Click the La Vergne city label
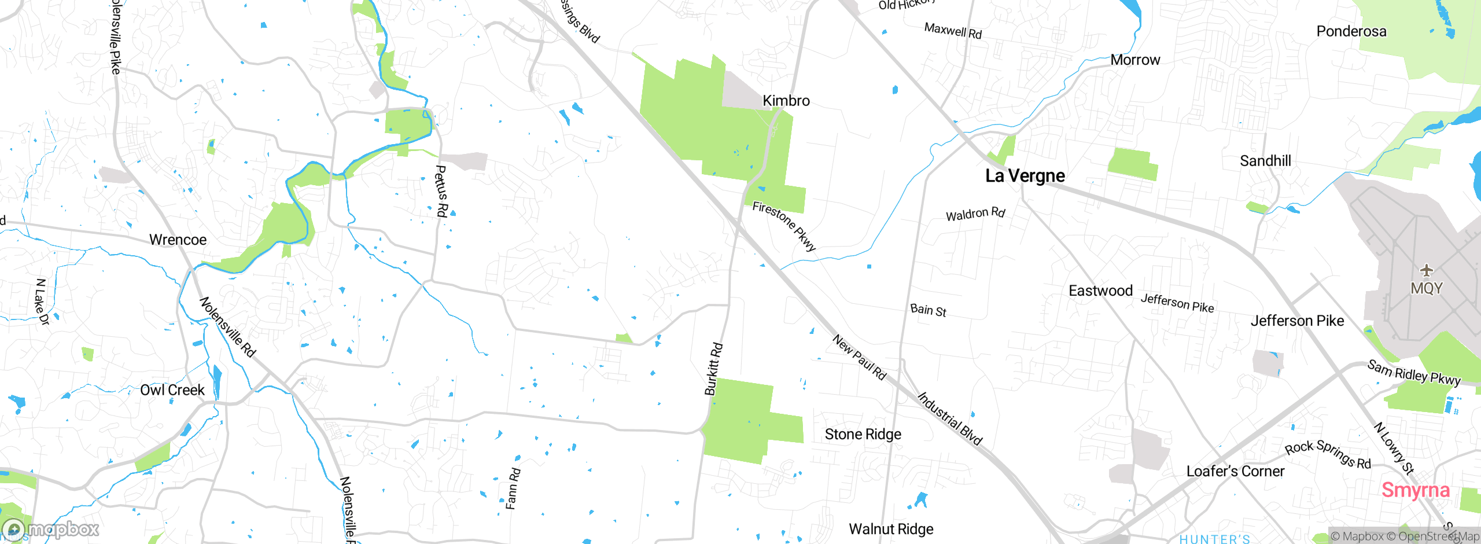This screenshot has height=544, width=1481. pos(1025,175)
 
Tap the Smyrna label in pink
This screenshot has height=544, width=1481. pos(1415,490)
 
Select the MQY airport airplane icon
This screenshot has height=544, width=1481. pos(1427,270)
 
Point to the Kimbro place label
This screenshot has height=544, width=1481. pos(786,101)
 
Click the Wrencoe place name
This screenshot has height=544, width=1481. pos(178,240)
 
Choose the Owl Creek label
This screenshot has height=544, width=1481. pos(172,390)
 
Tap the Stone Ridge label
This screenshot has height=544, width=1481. pos(863,434)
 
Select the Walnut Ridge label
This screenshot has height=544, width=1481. pos(891,529)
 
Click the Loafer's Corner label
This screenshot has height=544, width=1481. pos(1235,471)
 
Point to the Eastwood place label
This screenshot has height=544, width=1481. pos(1100,291)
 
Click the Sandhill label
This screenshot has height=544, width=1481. pos(1265,161)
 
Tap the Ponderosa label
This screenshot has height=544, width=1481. pos(1351,31)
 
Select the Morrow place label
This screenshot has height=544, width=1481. pos(1135,60)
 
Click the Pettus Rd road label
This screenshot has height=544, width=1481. pos(441,191)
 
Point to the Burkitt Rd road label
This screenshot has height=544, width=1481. pos(713,369)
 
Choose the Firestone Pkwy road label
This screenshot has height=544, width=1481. pos(784,226)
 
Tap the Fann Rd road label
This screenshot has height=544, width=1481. pos(513,489)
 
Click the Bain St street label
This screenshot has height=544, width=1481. pos(928,310)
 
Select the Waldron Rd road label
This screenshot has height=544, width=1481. pos(975,214)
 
